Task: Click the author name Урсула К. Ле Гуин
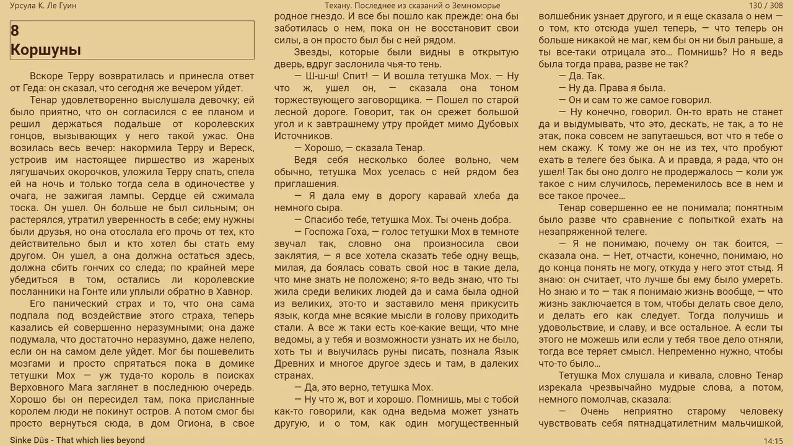(x=43, y=6)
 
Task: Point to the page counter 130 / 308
(x=766, y=6)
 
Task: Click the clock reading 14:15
(x=773, y=441)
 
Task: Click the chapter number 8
(x=15, y=31)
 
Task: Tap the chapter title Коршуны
(x=46, y=50)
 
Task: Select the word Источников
(x=303, y=136)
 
